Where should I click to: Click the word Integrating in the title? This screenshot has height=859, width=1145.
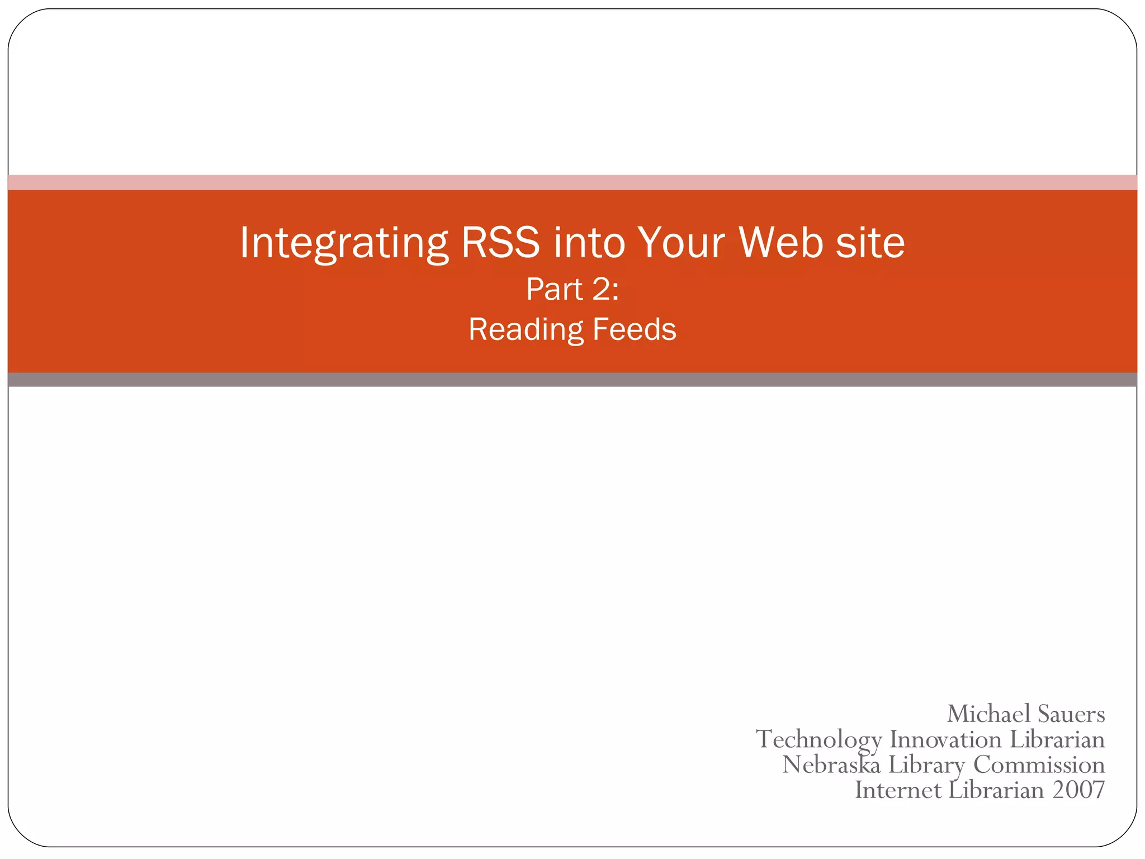pos(343,243)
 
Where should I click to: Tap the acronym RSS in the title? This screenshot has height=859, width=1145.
pos(500,243)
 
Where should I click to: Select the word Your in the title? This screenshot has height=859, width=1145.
pos(681,243)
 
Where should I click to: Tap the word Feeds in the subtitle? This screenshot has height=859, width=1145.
pos(634,329)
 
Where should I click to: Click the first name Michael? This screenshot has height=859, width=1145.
pos(988,714)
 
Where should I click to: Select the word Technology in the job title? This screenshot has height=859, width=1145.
pos(818,739)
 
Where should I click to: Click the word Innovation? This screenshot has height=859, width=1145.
pos(945,739)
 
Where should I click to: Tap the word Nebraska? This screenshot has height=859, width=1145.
pos(831,764)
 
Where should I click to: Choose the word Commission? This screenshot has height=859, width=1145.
pos(1039,764)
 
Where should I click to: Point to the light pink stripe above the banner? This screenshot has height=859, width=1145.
pos(572,182)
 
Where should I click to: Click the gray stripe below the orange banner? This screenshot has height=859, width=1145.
pos(572,380)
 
